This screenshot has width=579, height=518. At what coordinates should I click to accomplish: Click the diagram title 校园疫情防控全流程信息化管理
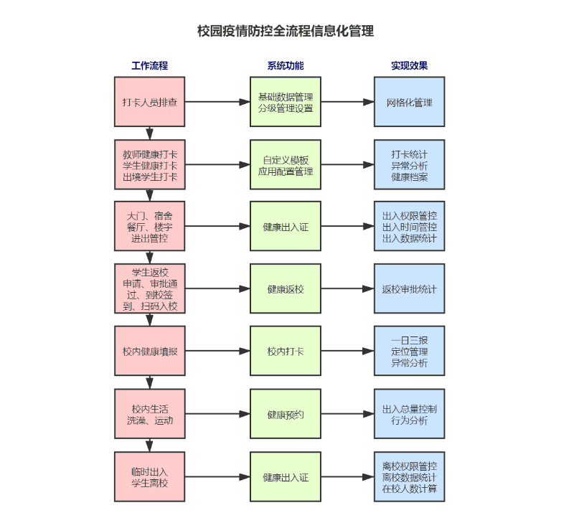click(x=286, y=32)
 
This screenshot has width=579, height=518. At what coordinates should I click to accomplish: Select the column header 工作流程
click(x=149, y=66)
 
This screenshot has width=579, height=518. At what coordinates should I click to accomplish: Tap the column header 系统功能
click(x=286, y=66)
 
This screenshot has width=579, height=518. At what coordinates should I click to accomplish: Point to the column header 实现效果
click(x=409, y=66)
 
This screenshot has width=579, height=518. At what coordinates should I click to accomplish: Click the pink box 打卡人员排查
click(x=150, y=102)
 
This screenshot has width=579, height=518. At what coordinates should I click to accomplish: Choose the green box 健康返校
click(x=286, y=289)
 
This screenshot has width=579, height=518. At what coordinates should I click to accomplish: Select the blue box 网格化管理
click(x=409, y=102)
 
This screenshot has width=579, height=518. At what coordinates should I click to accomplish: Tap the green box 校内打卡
click(x=286, y=352)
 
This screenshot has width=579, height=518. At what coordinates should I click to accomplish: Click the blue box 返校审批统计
click(x=409, y=289)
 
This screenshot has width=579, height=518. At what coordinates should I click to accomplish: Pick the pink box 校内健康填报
click(x=150, y=352)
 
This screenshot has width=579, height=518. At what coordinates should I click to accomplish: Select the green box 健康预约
click(x=286, y=414)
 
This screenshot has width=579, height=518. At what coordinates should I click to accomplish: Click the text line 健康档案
click(x=409, y=176)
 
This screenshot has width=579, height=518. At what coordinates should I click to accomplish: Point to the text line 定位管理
click(x=409, y=352)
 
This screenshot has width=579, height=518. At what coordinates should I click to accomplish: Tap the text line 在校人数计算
click(x=409, y=489)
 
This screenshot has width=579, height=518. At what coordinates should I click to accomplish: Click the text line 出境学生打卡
click(x=150, y=176)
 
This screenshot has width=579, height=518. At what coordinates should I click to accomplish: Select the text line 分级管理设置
click(x=286, y=108)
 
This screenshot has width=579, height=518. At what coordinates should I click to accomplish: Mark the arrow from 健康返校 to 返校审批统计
click(x=347, y=289)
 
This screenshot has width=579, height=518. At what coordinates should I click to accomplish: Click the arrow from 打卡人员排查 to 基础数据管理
click(x=217, y=102)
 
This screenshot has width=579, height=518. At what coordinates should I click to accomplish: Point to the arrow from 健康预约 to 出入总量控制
click(x=347, y=414)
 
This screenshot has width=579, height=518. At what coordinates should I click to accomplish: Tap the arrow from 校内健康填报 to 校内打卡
click(x=217, y=352)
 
